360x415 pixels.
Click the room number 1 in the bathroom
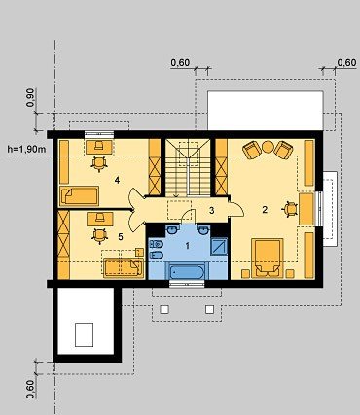click(x=187, y=246)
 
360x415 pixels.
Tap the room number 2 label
click(x=265, y=210)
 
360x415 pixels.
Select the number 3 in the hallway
click(x=212, y=211)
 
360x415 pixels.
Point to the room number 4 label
click(x=117, y=180)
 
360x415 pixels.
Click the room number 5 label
click(x=121, y=237)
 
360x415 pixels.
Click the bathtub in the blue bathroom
click(x=187, y=271)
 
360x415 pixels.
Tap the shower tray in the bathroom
click(x=219, y=247)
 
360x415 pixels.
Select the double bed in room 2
click(x=268, y=259)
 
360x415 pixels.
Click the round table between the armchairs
click(x=268, y=147)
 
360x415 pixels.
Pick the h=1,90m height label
click(x=27, y=149)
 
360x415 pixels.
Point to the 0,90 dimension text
click(x=30, y=98)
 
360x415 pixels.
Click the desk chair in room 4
click(x=99, y=162)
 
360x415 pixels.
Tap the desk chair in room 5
click(x=99, y=235)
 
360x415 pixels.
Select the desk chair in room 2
click(x=291, y=209)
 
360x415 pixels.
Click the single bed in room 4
click(x=80, y=195)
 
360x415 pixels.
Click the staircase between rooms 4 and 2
click(x=189, y=168)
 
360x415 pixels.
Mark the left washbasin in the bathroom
click(x=171, y=230)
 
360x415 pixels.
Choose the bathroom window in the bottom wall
click(x=187, y=284)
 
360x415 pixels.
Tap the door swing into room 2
click(x=236, y=208)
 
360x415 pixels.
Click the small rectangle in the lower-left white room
click(x=85, y=334)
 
